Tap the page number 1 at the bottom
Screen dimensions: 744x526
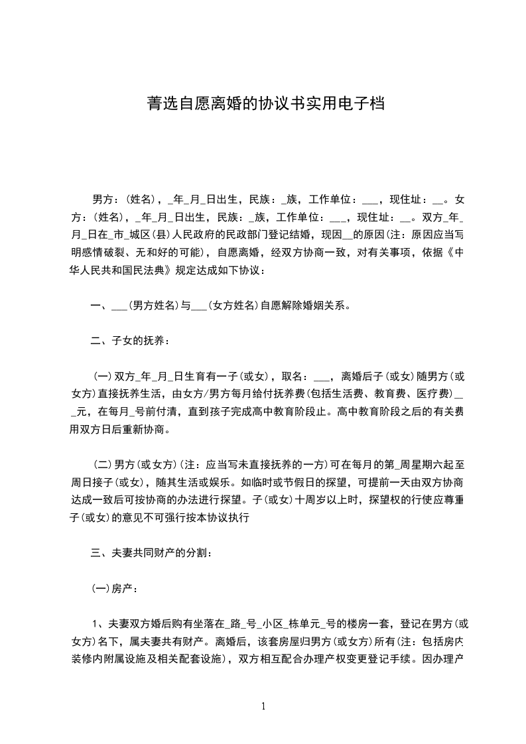(263, 707)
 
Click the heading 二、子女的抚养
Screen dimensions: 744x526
(129, 341)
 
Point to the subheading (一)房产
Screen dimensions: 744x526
(115, 588)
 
